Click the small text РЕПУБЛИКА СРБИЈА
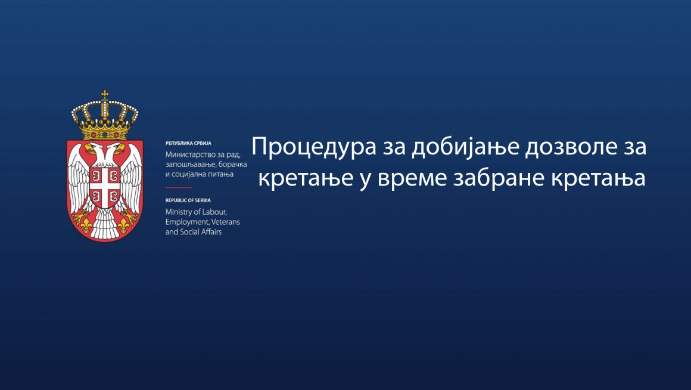(x=188, y=144)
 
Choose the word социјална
(x=189, y=174)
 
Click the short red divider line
(x=179, y=187)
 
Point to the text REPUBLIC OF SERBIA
(x=188, y=201)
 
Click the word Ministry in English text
(x=178, y=212)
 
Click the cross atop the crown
(x=105, y=94)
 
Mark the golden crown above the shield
(x=105, y=116)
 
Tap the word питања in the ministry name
(x=220, y=174)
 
